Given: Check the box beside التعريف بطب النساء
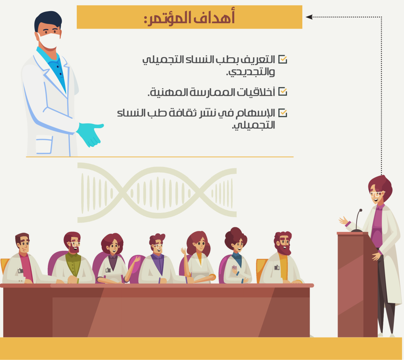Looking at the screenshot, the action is pos(282,59).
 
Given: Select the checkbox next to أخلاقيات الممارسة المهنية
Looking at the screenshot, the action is pos(282,92).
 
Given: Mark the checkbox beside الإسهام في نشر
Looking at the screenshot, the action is pos(282,113).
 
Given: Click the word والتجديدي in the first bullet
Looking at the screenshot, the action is pos(250,72).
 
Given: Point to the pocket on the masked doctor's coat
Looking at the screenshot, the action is pos(44,145).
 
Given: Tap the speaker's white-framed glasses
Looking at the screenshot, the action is pos(376,194).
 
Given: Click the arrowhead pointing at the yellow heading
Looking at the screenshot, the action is pos(309,17).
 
